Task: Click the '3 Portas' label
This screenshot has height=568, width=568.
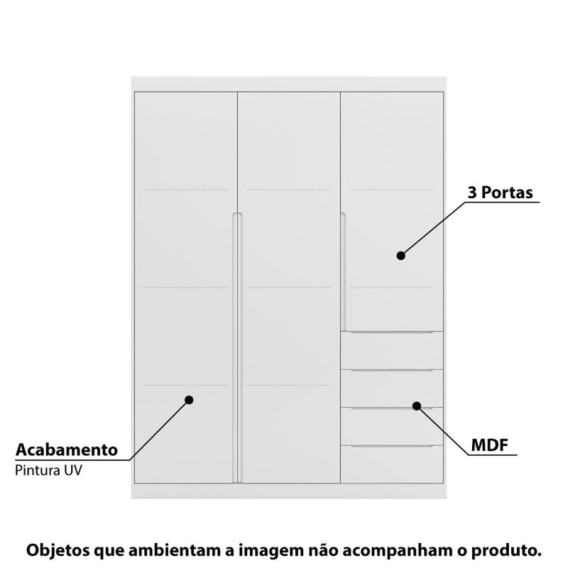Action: pos(500,192)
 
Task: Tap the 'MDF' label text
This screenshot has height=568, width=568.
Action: pos(489,445)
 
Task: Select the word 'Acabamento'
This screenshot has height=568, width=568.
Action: pos(67,450)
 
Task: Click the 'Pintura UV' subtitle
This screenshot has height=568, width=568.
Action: pos(48,470)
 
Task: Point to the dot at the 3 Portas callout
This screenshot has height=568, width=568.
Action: pos(400,256)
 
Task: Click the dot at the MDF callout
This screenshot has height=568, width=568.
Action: pos(417,406)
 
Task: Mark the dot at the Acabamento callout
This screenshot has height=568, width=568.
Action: pos(189,400)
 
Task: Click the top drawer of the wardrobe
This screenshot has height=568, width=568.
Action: pos(392,350)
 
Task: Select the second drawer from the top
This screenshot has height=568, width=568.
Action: pos(392,388)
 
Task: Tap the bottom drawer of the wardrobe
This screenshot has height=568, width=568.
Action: pos(392,464)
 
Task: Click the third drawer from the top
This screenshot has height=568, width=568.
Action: pos(392,427)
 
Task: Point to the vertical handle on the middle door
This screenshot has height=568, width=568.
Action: pos(240,348)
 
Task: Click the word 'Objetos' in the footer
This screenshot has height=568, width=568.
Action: pos(58,550)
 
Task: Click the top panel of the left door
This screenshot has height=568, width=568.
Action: pos(186,141)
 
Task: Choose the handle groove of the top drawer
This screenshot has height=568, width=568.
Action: pos(392,332)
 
